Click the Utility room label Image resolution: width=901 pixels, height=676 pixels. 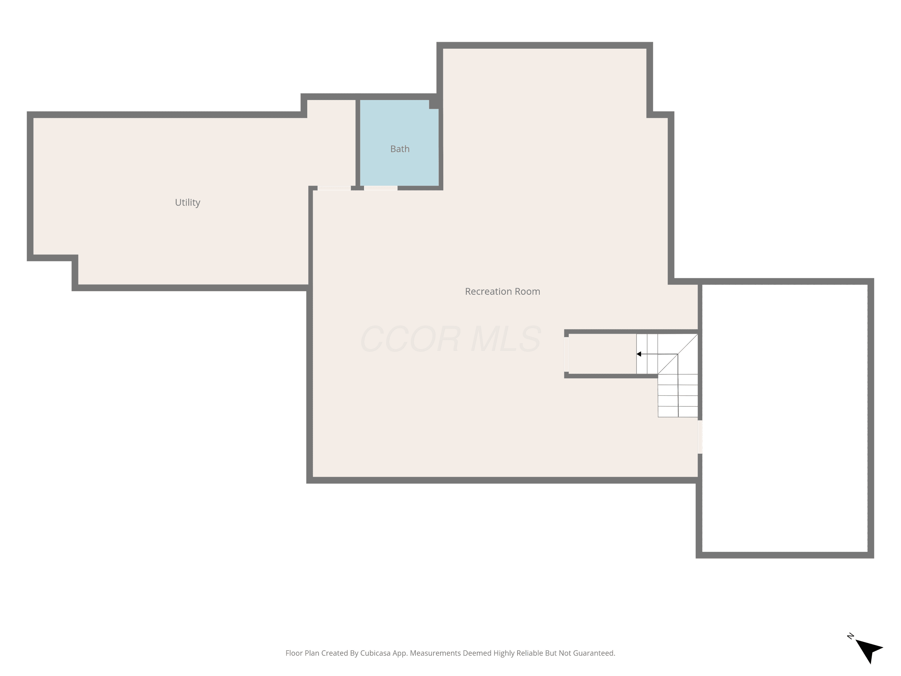click(x=187, y=202)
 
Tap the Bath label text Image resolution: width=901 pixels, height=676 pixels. click(x=399, y=149)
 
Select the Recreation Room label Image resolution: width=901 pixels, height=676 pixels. click(x=502, y=291)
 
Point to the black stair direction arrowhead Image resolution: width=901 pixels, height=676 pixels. click(x=639, y=354)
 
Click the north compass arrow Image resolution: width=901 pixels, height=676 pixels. click(x=870, y=651)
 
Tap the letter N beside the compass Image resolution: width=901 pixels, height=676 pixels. click(x=851, y=636)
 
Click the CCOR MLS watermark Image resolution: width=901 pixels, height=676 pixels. click(x=450, y=339)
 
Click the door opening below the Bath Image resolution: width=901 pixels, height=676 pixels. click(x=381, y=188)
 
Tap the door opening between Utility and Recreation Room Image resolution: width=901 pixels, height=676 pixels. click(x=334, y=188)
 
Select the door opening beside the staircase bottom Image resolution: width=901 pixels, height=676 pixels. click(x=700, y=437)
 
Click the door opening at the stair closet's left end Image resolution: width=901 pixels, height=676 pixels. click(x=566, y=354)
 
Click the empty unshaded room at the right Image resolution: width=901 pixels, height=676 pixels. click(x=785, y=419)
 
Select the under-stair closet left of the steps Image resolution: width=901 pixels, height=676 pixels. click(x=602, y=354)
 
